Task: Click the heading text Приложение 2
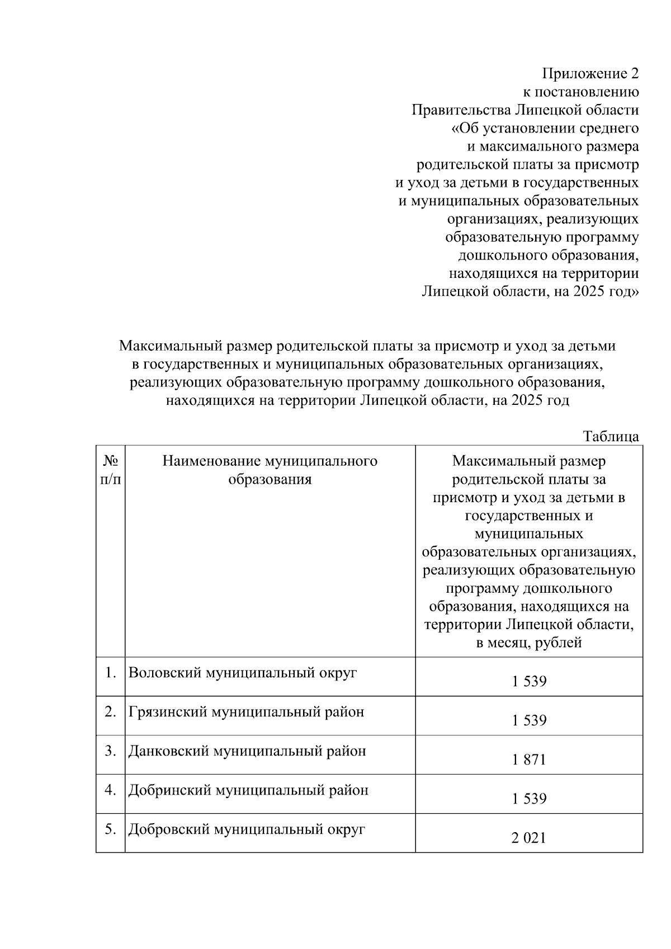[x=590, y=73]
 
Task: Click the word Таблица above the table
[x=611, y=437]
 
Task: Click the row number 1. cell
[x=110, y=673]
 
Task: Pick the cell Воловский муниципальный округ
[x=243, y=673]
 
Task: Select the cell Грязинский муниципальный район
[x=246, y=712]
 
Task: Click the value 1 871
[x=528, y=759]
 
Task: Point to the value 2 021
[x=528, y=838]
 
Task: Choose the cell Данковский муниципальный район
[x=247, y=751]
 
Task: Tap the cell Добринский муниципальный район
[x=248, y=790]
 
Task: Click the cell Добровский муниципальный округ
[x=247, y=829]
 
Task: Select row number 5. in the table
[x=110, y=829]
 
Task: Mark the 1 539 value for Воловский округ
[x=528, y=681]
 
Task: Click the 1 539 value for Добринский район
[x=528, y=799]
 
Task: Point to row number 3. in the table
[x=110, y=751]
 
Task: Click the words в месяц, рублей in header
[x=528, y=643]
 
